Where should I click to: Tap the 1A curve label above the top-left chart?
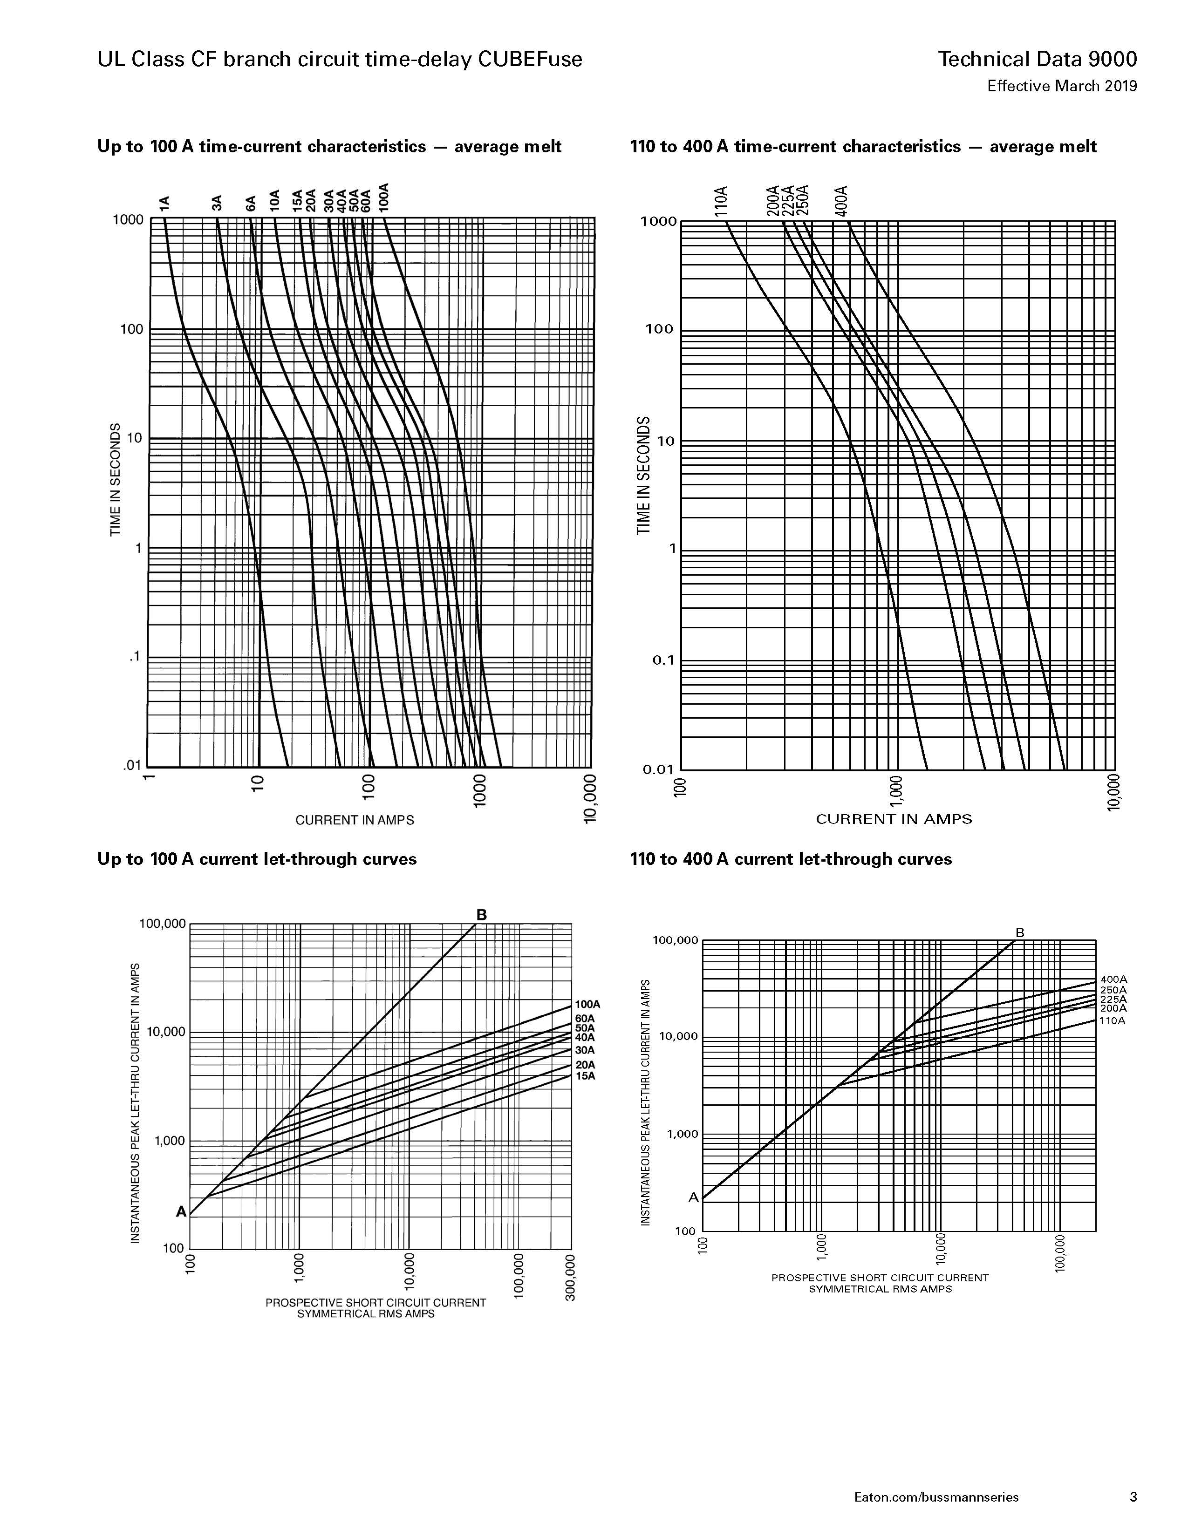tap(164, 204)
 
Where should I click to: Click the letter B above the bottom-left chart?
tap(481, 914)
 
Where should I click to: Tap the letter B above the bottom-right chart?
tap(1020, 932)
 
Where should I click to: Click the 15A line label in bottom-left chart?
tap(585, 1076)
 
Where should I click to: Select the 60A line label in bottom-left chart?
tap(585, 1018)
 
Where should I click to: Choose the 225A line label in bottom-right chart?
tap(1113, 999)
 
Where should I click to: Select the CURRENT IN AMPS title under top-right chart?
tap(894, 819)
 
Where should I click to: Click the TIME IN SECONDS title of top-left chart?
tap(115, 479)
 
